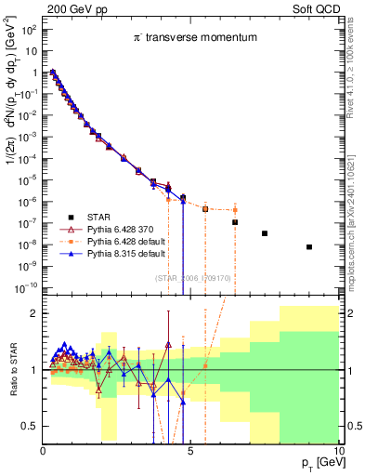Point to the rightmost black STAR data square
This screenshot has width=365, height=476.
(309, 247)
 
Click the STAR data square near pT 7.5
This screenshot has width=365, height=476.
(265, 233)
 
